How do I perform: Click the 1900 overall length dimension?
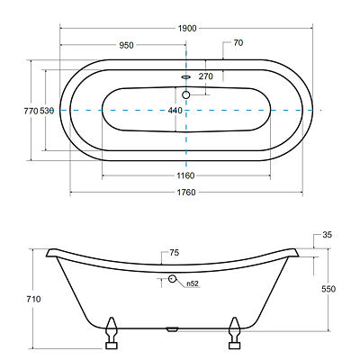point(187,29)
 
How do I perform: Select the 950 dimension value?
point(126,45)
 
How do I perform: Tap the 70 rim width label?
point(238,43)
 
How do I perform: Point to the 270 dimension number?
point(206,76)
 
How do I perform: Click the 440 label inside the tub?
point(175,111)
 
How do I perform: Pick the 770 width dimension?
point(31,111)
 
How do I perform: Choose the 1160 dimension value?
point(185,175)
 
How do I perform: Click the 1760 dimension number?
point(186,193)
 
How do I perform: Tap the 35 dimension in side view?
point(328,235)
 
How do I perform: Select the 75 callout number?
point(175,253)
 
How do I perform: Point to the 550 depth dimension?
point(328,289)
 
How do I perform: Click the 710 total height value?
point(33,299)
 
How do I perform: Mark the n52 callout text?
point(193,283)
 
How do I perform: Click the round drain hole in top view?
point(186,95)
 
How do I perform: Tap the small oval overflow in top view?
point(186,76)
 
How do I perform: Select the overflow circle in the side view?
point(172,279)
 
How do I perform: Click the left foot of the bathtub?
point(112,333)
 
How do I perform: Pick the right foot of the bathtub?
point(234,333)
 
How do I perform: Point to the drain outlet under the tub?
point(172,329)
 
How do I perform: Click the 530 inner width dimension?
point(47,111)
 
